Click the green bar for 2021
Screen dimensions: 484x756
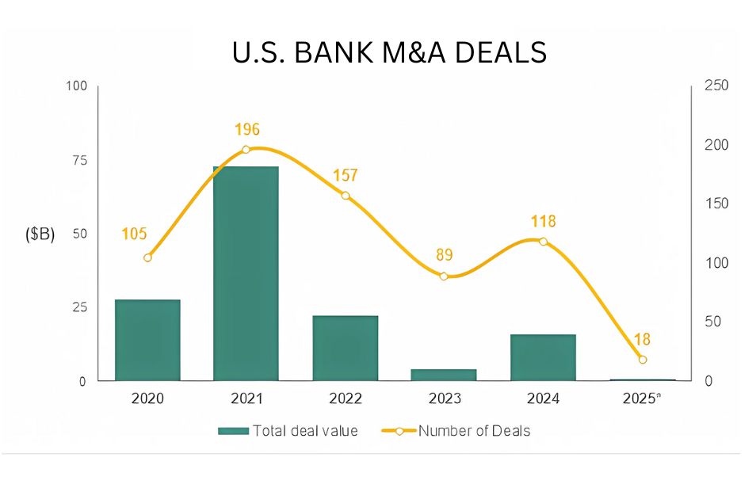[246, 273]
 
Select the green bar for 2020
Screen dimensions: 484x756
[147, 340]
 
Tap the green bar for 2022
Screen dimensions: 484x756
[345, 348]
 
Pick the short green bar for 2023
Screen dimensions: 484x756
[444, 375]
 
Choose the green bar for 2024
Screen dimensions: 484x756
[543, 357]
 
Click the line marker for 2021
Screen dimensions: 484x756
[246, 149]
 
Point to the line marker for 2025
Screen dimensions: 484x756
[643, 360]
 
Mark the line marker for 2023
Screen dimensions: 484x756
[444, 276]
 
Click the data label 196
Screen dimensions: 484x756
[247, 129]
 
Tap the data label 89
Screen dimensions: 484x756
[444, 255]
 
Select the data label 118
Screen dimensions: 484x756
[543, 221]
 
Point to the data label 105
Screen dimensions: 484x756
[135, 234]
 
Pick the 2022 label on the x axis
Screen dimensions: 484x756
[345, 398]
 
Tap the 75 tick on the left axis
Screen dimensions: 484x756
[76, 160]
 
